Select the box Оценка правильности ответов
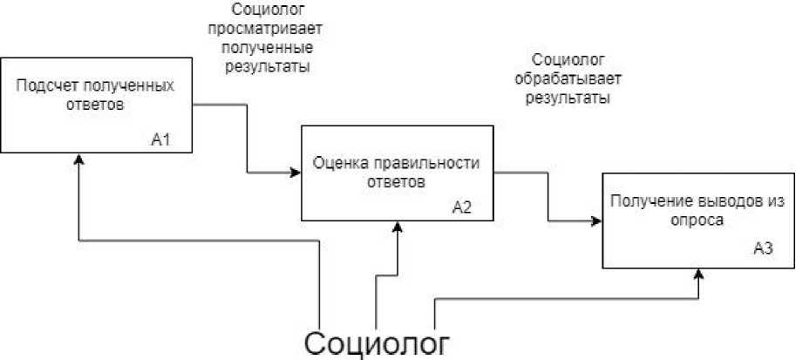point(396,173)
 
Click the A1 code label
point(159,139)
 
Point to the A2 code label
point(461,207)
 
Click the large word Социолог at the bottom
point(378,341)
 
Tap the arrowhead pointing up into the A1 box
point(79,160)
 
